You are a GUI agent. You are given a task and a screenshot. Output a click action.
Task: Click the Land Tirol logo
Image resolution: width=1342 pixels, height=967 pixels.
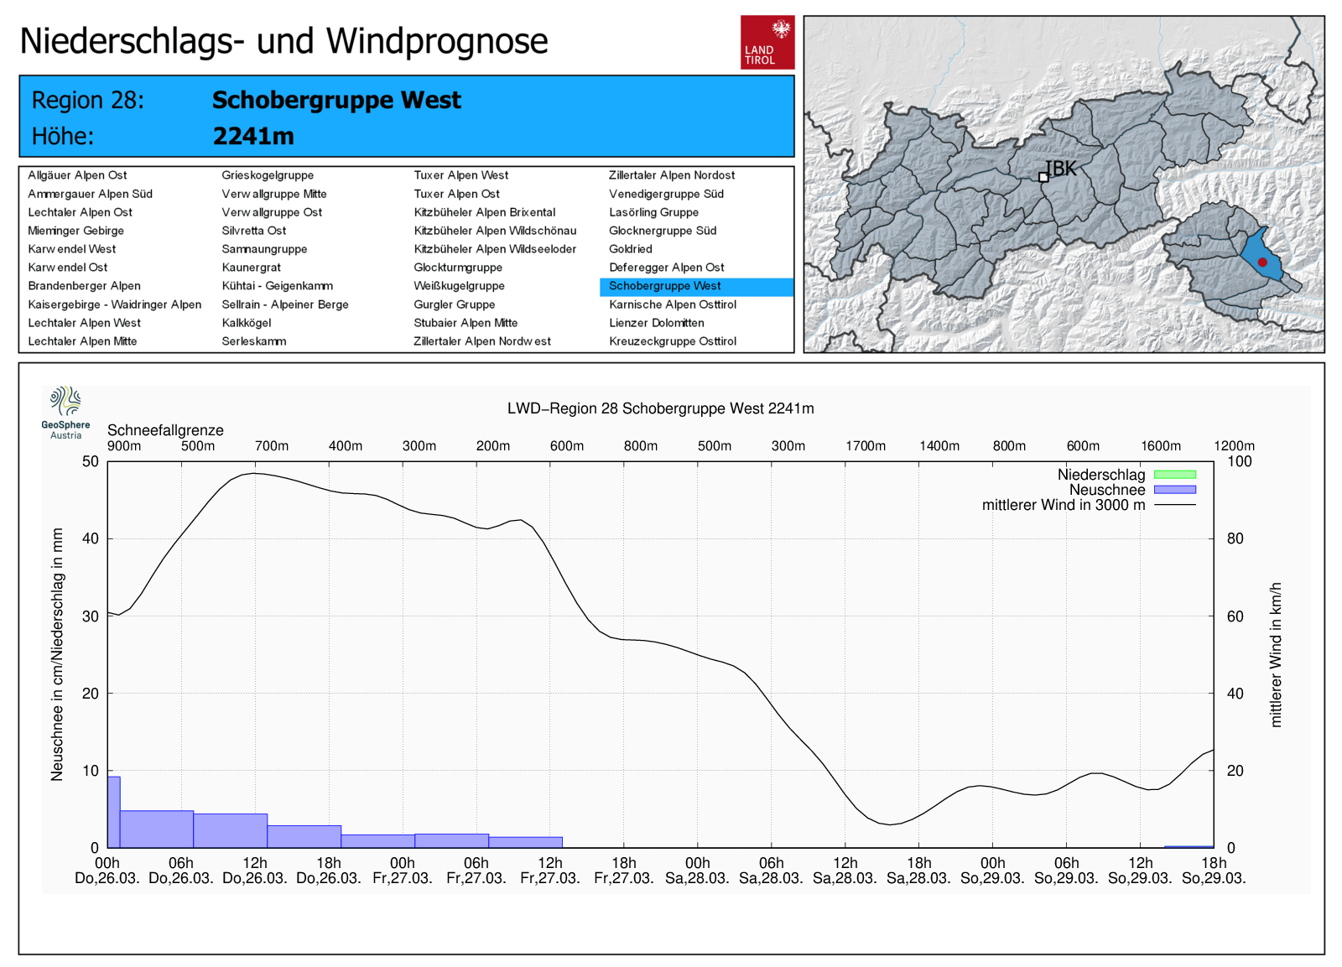[767, 42]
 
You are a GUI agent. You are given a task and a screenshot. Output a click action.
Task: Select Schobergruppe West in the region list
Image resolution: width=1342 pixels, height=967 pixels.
[664, 286]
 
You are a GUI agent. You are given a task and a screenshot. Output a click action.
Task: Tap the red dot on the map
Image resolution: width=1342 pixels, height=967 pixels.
[1262, 262]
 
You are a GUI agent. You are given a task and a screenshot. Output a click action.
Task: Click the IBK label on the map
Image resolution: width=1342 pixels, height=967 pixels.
[1061, 169]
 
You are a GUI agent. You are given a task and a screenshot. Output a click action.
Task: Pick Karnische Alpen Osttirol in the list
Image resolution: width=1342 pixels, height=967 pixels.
[672, 304]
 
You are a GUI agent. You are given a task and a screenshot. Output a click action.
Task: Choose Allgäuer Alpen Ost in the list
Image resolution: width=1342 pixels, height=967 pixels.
[77, 175]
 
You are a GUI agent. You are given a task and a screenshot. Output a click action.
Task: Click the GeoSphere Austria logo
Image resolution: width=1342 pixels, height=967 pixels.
[65, 412]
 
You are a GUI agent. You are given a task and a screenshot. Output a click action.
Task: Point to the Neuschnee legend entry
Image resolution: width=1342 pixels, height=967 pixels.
[1107, 490]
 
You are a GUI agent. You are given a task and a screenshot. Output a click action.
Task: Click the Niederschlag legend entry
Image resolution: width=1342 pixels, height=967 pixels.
[1101, 475]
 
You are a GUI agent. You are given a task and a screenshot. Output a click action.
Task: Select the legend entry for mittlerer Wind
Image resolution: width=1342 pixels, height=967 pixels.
[1063, 505]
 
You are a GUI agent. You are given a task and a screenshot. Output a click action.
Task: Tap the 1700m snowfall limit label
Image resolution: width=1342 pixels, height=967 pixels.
[865, 446]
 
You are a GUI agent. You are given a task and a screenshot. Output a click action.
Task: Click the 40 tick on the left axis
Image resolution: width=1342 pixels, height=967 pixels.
[90, 538]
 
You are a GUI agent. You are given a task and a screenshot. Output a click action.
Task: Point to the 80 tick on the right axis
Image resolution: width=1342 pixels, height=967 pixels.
[1235, 538]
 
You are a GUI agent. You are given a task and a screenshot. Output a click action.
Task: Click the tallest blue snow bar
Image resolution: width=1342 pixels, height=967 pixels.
[114, 812]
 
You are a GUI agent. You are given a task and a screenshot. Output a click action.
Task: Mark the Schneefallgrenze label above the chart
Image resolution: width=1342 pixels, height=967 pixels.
[165, 430]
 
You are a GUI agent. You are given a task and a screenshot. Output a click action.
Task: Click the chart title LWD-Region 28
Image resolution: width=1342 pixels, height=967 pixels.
[660, 408]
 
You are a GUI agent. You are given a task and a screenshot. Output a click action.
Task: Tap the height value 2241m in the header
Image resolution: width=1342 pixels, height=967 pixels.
[253, 136]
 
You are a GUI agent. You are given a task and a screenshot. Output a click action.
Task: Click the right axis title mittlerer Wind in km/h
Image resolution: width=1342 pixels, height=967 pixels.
[1275, 654]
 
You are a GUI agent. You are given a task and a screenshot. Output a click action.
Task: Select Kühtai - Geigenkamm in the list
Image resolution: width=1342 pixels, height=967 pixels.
[277, 286]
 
